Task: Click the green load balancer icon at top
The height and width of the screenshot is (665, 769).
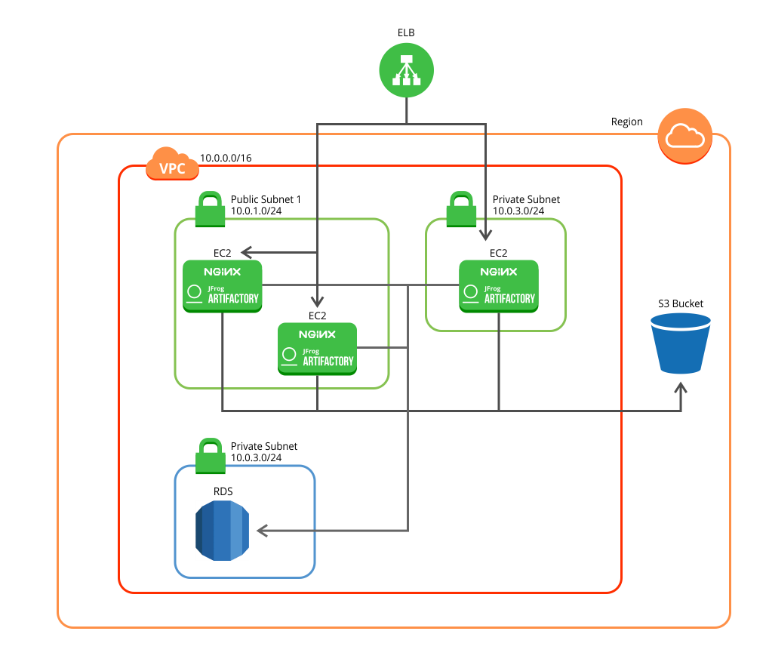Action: coord(406,70)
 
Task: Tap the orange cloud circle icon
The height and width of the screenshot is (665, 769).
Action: coord(684,136)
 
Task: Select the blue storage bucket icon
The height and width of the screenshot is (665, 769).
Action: coord(680,343)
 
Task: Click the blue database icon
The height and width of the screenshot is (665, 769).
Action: coord(222,530)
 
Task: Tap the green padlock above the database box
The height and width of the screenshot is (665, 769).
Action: coord(211,456)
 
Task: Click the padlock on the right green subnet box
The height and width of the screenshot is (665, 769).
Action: coord(461,209)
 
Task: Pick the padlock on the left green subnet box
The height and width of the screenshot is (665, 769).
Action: coord(210,209)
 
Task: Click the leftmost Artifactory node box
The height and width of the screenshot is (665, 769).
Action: coord(223,286)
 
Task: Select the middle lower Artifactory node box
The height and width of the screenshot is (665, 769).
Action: coord(317,348)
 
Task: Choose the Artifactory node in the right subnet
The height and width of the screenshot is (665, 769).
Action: coord(499,286)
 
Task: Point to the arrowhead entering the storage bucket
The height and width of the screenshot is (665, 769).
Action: coord(680,387)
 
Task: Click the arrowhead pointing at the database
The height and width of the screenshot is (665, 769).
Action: coord(262,531)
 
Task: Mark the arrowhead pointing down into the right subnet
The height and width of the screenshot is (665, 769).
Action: coord(485,236)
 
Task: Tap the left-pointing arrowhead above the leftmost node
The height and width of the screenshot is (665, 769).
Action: coord(245,252)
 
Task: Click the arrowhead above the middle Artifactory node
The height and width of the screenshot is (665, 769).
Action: coord(317,301)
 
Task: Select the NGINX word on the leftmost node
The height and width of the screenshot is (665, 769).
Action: coord(222,271)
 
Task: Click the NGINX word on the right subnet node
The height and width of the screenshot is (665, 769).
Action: coord(499,271)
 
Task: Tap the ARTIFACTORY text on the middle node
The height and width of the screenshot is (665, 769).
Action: coord(328,361)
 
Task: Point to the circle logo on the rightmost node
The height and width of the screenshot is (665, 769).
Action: coord(471,291)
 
